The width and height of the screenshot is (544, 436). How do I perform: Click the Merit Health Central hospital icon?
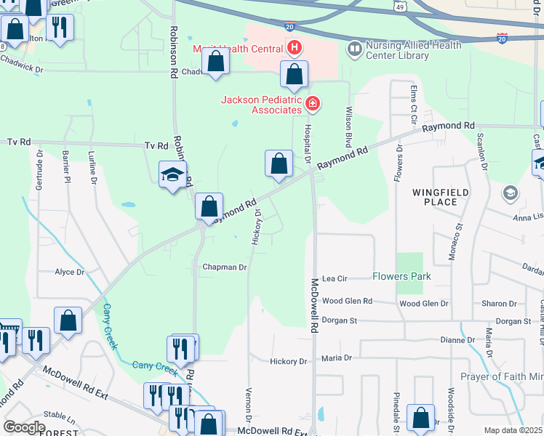coord(295,49)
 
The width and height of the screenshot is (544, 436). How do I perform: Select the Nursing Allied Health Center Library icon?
coord(355,49)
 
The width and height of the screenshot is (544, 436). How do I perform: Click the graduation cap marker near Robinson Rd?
coord(172,175)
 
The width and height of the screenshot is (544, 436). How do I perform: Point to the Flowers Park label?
coord(401,276)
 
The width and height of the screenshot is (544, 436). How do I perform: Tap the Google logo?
coord(24,427)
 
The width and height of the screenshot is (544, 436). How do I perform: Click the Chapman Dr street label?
coord(225,267)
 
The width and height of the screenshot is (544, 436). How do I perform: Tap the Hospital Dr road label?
coord(307,142)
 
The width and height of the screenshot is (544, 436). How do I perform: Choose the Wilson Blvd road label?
coord(349,126)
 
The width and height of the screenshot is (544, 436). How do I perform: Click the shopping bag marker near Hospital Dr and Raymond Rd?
coord(279,164)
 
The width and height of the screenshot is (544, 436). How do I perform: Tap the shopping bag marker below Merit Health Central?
coord(294,74)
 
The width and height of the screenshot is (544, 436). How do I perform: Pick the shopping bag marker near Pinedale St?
coord(420,418)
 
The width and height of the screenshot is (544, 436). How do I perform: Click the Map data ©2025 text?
coord(513,430)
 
